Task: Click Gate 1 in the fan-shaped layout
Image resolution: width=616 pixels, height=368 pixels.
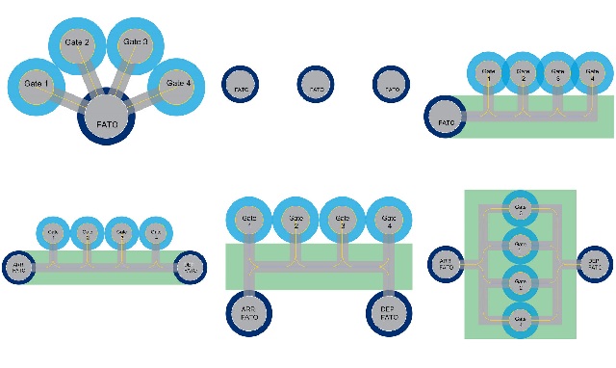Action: pyautogui.click(x=37, y=84)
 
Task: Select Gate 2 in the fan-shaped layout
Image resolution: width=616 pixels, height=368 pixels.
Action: pyautogui.click(x=77, y=44)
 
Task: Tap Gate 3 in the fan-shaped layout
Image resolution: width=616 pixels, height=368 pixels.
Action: pyautogui.click(x=136, y=42)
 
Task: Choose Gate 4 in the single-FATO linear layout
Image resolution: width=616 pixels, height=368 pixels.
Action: pyautogui.click(x=592, y=73)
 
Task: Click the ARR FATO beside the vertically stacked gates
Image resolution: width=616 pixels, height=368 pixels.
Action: pyautogui.click(x=447, y=261)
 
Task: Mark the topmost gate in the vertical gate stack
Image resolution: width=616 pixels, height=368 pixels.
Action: pyautogui.click(x=520, y=207)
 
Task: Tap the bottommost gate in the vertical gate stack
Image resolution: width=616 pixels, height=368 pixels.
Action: pyautogui.click(x=520, y=316)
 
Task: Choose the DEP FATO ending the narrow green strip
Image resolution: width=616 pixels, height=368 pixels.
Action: pyautogui.click(x=190, y=267)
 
